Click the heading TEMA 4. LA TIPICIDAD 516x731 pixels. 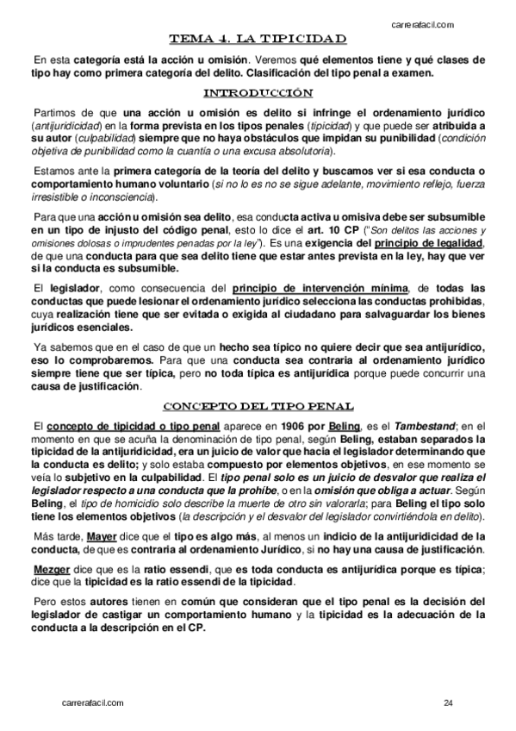pyautogui.click(x=258, y=39)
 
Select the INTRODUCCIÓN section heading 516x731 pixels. pyautogui.click(x=258, y=93)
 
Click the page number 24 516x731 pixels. pyautogui.click(x=449, y=703)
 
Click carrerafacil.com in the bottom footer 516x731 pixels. pyautogui.click(x=94, y=703)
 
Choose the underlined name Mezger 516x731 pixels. pyautogui.click(x=52, y=571)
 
